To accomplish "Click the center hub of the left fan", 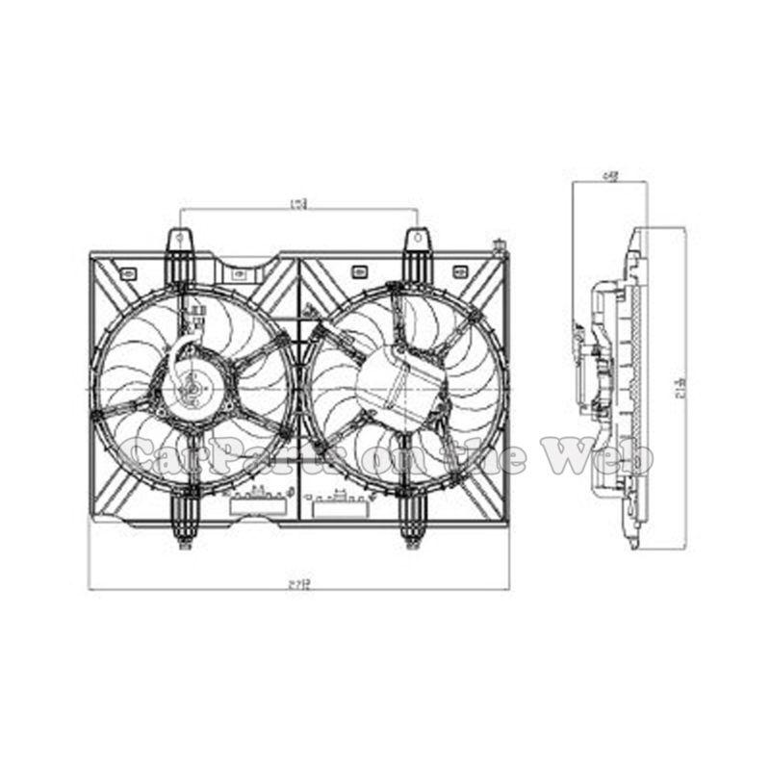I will (x=192, y=389).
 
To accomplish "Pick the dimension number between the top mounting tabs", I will (x=299, y=203).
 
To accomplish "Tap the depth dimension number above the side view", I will (x=609, y=175).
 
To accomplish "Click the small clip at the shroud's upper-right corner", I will (x=499, y=246).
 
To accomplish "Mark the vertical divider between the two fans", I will (x=299, y=385).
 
